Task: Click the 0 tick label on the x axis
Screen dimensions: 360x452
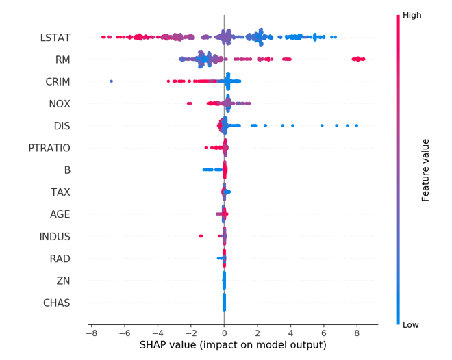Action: coord(224,333)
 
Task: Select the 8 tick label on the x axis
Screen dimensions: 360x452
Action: coord(357,333)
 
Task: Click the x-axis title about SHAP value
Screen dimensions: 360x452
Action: coord(233,346)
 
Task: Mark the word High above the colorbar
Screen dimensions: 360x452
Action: coord(412,15)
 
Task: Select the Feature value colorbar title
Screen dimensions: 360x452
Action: coord(425,170)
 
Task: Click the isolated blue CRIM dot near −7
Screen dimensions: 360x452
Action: coord(112,81)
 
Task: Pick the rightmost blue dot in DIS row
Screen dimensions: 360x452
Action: coord(357,126)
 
